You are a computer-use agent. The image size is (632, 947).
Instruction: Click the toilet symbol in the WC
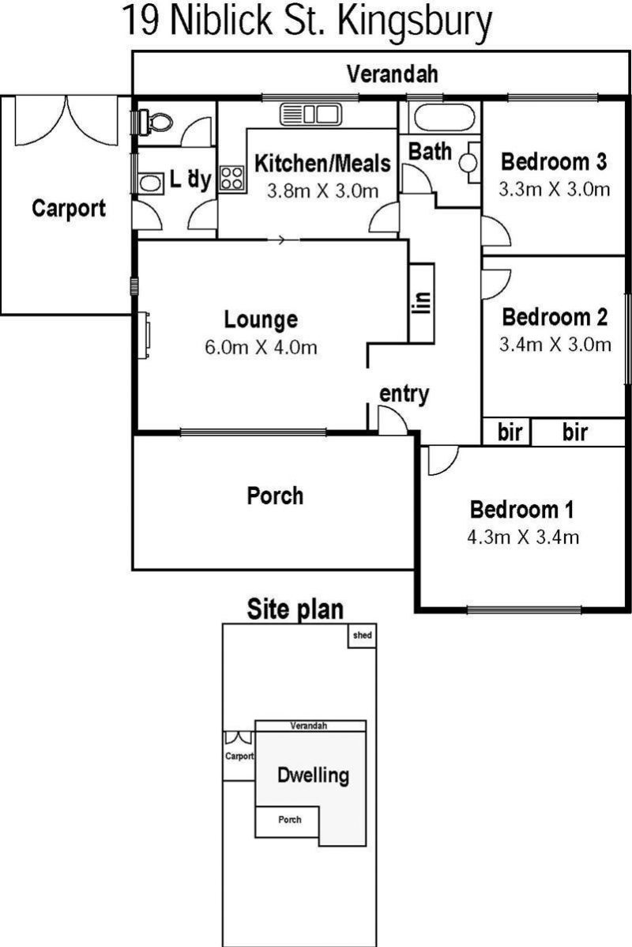(x=155, y=123)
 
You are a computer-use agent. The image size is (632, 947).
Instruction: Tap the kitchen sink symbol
(x=311, y=114)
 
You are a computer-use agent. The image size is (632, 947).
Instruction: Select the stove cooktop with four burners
(x=232, y=178)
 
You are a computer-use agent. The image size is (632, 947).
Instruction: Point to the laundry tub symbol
(x=150, y=183)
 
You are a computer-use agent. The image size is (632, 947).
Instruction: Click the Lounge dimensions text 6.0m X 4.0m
(x=261, y=347)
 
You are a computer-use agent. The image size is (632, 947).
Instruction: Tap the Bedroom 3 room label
(x=554, y=162)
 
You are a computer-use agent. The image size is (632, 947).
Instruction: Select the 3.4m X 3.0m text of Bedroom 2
(x=555, y=344)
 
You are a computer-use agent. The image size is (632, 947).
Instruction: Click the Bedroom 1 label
(x=522, y=509)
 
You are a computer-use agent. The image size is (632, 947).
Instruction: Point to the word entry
(x=404, y=394)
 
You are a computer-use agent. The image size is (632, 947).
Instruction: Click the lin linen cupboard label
(x=422, y=303)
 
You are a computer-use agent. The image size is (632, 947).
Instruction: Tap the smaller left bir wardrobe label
(x=510, y=432)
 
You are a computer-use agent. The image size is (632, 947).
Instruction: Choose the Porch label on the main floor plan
(x=275, y=496)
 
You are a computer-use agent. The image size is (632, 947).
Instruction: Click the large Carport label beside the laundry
(x=69, y=209)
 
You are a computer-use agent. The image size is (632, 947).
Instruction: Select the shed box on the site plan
(x=362, y=636)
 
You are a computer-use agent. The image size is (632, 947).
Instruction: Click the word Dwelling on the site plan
(x=313, y=775)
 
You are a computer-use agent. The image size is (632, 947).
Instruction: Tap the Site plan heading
(x=295, y=609)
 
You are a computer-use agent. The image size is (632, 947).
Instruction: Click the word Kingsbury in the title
(x=415, y=23)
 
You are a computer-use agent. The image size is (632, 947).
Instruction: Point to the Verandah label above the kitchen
(x=393, y=74)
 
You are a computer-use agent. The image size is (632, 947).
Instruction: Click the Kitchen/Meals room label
(x=322, y=164)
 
